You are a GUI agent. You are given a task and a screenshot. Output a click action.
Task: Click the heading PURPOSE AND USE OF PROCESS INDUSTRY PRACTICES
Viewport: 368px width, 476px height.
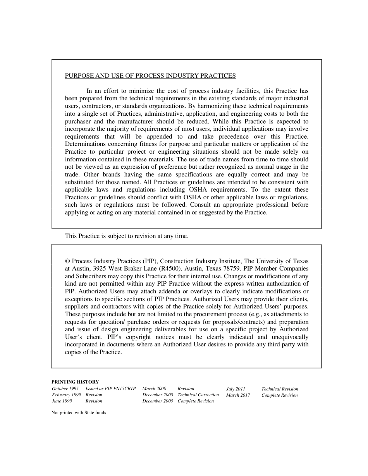(150, 76)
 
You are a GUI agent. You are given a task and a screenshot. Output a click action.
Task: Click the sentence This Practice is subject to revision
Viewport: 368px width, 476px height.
(126, 236)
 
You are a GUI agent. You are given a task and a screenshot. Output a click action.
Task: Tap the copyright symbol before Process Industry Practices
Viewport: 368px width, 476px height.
(67, 261)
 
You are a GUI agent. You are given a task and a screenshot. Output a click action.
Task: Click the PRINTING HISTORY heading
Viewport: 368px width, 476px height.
(75, 382)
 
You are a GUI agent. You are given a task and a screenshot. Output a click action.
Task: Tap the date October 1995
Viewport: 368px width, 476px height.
(65, 389)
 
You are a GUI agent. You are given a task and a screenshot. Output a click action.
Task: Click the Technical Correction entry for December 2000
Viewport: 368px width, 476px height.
(198, 395)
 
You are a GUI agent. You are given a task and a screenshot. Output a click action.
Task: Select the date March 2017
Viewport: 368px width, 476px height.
(238, 395)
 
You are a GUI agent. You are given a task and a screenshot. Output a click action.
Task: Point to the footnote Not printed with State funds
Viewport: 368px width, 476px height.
(79, 413)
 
